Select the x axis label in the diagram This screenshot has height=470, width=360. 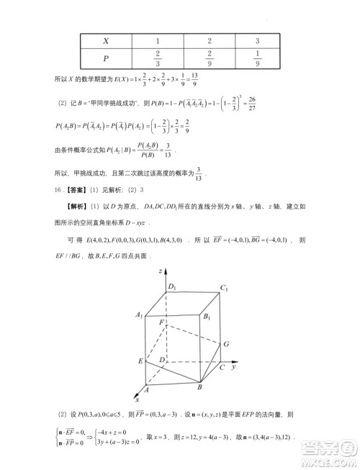136,398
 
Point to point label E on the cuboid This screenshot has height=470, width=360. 140,360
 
